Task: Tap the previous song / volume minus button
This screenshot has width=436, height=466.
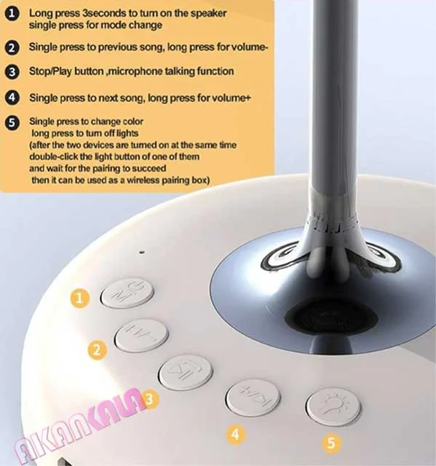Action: click(x=141, y=336)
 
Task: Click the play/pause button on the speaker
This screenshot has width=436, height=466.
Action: click(x=186, y=372)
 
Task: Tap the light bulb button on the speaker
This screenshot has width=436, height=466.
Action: click(x=333, y=406)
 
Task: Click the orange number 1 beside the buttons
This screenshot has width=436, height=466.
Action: click(x=79, y=298)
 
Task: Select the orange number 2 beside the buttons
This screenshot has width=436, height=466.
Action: click(x=97, y=350)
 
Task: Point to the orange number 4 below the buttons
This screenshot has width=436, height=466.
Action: click(x=236, y=435)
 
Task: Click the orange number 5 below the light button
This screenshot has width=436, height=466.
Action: click(x=331, y=443)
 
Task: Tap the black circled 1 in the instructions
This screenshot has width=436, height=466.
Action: click(x=12, y=14)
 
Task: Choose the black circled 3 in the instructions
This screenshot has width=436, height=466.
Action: click(x=12, y=72)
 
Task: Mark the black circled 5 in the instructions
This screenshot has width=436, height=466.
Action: click(x=12, y=122)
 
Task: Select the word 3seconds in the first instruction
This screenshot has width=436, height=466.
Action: click(x=105, y=13)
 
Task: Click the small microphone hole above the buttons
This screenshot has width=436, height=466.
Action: click(x=142, y=253)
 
